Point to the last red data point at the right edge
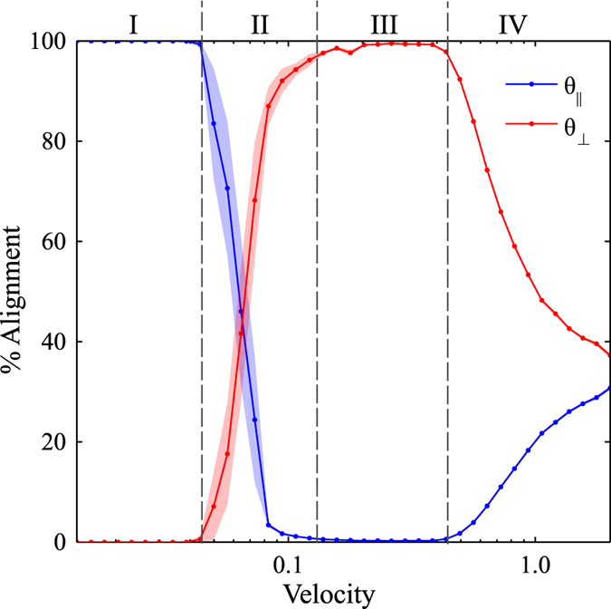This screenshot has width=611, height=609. [x=609, y=355]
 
